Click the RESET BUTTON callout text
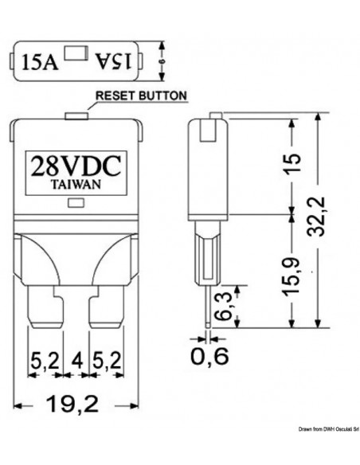coord(141,96)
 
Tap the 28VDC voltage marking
coord(76,166)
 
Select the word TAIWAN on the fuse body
coord(76,184)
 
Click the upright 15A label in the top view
coord(40,61)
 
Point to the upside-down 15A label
coord(113,61)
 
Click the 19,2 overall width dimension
coord(72,404)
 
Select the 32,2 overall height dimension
coord(315,217)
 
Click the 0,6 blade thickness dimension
coord(209,356)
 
